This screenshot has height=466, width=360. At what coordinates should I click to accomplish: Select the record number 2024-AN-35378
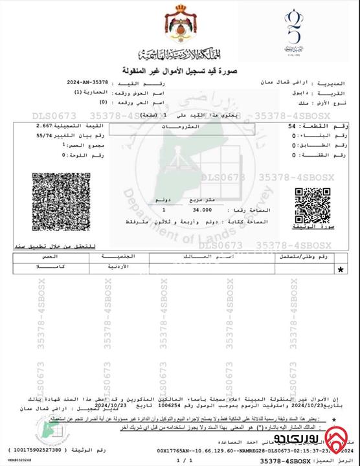[x=88, y=83]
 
